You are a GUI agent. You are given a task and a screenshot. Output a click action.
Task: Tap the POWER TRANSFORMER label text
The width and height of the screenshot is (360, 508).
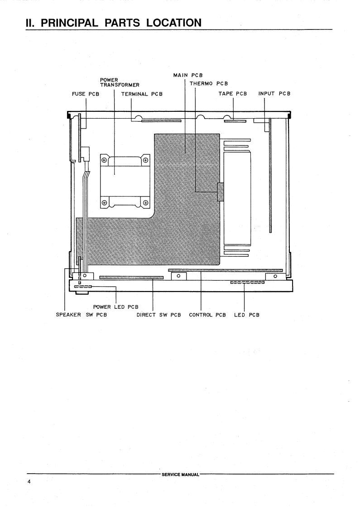[x=120, y=82]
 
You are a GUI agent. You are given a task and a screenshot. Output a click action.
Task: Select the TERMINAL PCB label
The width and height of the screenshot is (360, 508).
[x=142, y=94]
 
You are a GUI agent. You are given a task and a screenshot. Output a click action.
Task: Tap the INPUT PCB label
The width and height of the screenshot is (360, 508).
[x=274, y=94]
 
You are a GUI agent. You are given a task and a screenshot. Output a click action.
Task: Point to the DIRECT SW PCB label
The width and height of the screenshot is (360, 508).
[x=158, y=315]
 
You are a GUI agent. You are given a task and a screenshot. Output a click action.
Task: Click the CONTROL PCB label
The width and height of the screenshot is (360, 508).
[x=207, y=315]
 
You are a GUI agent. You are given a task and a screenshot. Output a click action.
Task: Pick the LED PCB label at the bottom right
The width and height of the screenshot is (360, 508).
[x=246, y=315]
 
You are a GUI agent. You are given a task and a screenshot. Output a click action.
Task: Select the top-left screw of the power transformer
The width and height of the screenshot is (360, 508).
[x=105, y=160]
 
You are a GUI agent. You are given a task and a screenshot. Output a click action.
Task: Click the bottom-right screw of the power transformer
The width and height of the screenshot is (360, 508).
[x=145, y=202]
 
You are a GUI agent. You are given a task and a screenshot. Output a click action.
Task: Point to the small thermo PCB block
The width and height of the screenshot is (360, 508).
[x=221, y=192]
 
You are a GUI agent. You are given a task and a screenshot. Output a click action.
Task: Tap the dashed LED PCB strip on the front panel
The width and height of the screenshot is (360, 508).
[x=247, y=283]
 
